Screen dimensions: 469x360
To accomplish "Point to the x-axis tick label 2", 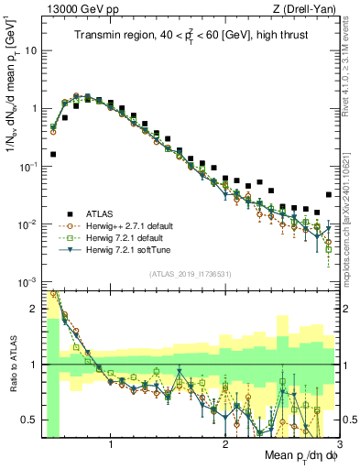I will (225, 446).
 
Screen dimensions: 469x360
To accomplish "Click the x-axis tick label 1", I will (111, 446).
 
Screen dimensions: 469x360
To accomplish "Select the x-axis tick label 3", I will (338, 446).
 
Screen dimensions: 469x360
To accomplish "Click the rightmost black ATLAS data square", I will (329, 194).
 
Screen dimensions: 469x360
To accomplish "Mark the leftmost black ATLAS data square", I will (52, 155).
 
